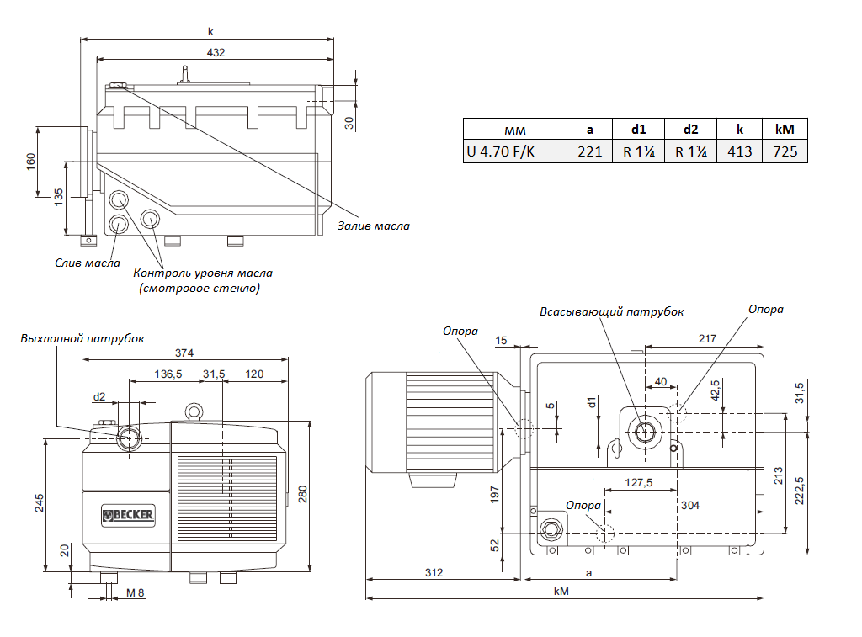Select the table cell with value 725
click(x=785, y=151)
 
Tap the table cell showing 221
click(x=589, y=151)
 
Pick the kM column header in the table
click(x=785, y=129)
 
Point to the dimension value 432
click(x=215, y=52)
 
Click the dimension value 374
click(x=184, y=352)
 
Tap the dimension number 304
click(x=689, y=505)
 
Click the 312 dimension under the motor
click(x=434, y=572)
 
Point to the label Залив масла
click(x=373, y=226)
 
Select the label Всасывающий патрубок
click(x=611, y=311)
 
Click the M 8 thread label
click(x=136, y=592)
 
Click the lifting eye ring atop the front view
click(x=195, y=411)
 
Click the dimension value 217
click(x=706, y=338)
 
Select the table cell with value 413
click(x=739, y=151)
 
